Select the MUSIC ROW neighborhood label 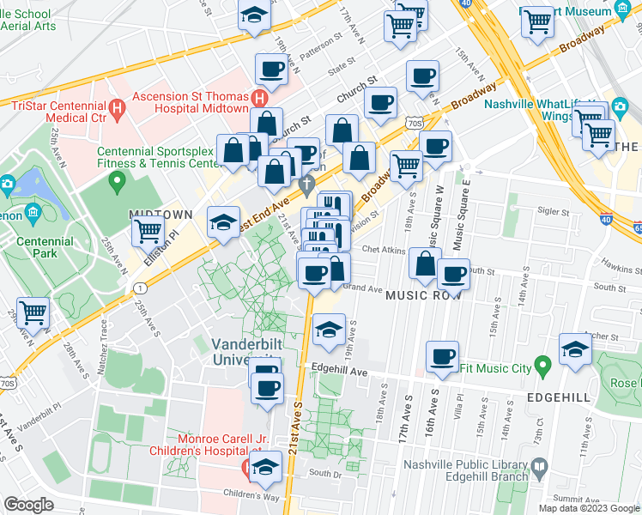pos(424,294)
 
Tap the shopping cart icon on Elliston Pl pos(148,229)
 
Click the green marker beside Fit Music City pos(542,367)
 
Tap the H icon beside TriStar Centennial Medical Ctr pos(119,109)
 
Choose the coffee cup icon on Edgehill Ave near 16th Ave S pos(442,355)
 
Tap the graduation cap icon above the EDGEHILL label pos(574,348)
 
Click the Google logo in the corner pos(29,505)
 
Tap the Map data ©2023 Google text pos(588,507)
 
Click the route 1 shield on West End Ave pos(139,288)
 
